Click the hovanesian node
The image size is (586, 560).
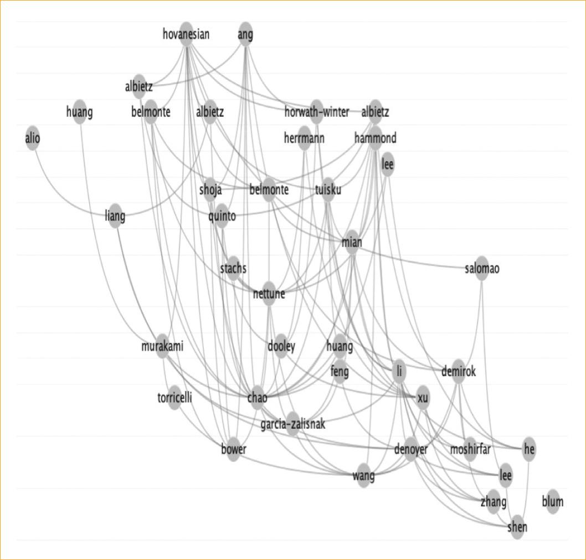click(186, 34)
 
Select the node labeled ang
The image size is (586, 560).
click(245, 34)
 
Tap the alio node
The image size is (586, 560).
click(33, 138)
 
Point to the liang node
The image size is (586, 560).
click(115, 215)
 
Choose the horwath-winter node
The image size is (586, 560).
click(316, 112)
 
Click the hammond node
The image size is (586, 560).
click(375, 138)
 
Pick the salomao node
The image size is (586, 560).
click(482, 269)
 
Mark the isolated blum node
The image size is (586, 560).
click(552, 502)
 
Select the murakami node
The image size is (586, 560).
click(162, 347)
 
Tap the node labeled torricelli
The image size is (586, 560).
click(174, 398)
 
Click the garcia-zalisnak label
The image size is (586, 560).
click(293, 424)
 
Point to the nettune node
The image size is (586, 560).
click(269, 294)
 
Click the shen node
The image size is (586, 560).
click(517, 527)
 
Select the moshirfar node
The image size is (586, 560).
click(470, 449)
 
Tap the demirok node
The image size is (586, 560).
click(459, 372)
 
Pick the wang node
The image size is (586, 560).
click(363, 475)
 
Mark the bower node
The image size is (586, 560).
click(233, 449)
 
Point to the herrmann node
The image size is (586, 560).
click(304, 138)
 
